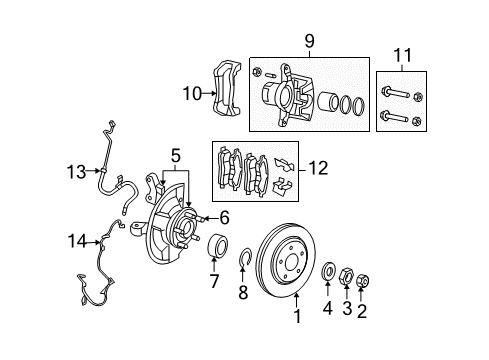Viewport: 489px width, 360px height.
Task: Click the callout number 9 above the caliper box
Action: [309, 42]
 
